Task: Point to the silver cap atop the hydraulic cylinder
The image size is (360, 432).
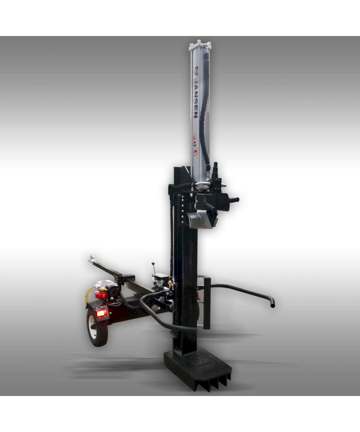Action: click(199, 45)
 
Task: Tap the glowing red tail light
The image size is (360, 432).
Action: click(102, 313)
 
